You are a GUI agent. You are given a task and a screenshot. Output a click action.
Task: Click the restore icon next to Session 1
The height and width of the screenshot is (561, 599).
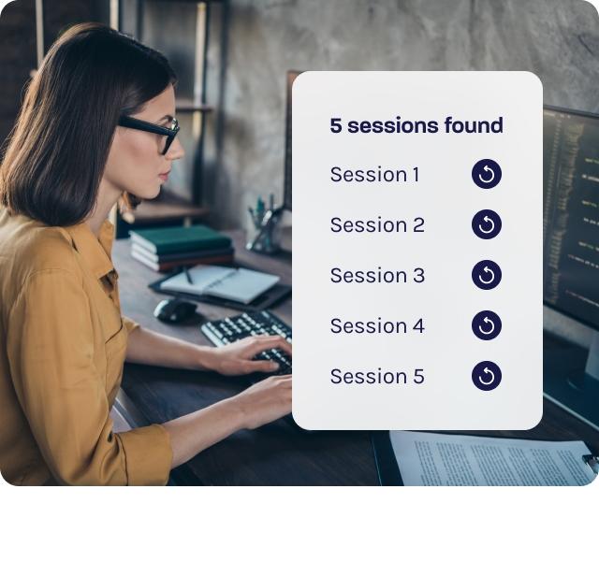click(487, 174)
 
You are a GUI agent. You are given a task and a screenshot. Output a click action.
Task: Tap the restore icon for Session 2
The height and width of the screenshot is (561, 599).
click(487, 224)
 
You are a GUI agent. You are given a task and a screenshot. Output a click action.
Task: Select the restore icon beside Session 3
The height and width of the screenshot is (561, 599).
click(487, 275)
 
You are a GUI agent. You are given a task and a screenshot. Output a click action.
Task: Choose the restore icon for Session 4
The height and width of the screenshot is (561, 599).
click(487, 325)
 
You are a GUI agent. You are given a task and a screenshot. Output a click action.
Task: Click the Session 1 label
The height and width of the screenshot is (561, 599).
click(374, 175)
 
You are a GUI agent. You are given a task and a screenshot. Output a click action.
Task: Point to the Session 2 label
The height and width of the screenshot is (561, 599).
click(377, 224)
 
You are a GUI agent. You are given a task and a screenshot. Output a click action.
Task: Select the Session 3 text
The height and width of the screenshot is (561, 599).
click(377, 275)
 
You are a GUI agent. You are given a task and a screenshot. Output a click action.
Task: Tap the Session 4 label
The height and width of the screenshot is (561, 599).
click(377, 326)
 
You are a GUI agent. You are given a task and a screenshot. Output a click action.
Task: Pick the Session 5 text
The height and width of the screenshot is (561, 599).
click(377, 376)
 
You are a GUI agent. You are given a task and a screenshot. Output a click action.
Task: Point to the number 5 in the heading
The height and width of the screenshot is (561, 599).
click(336, 126)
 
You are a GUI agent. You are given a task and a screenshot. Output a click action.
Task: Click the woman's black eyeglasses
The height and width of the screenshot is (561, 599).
click(151, 132)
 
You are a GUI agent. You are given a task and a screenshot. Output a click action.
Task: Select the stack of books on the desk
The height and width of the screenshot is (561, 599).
click(182, 248)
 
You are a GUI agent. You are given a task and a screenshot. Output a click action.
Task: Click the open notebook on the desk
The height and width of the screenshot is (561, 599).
click(220, 284)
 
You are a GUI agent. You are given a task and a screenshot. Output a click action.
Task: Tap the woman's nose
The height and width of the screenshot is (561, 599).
click(177, 151)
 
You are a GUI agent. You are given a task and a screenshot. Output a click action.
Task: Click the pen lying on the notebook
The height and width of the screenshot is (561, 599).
click(188, 275)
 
